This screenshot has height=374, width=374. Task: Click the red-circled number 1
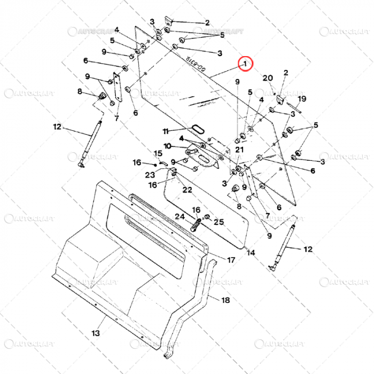(x=245, y=64)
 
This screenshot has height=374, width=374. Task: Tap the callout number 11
(x=166, y=131)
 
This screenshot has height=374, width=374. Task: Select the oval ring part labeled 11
(x=197, y=128)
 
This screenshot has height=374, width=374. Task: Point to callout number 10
(x=167, y=146)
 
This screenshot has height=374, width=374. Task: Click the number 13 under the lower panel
(x=95, y=333)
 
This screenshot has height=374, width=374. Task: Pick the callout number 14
(x=251, y=253)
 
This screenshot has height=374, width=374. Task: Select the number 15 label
(x=158, y=153)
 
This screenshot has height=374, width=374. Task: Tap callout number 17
(x=231, y=260)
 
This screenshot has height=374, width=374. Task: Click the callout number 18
(x=225, y=300)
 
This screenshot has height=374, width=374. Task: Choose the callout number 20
(x=268, y=78)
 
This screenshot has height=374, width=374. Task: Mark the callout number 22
(x=188, y=190)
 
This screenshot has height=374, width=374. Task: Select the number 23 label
(x=151, y=174)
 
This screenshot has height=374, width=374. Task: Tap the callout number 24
(x=179, y=216)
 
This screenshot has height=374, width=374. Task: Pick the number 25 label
(x=219, y=221)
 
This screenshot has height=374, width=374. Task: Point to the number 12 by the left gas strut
(x=58, y=127)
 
